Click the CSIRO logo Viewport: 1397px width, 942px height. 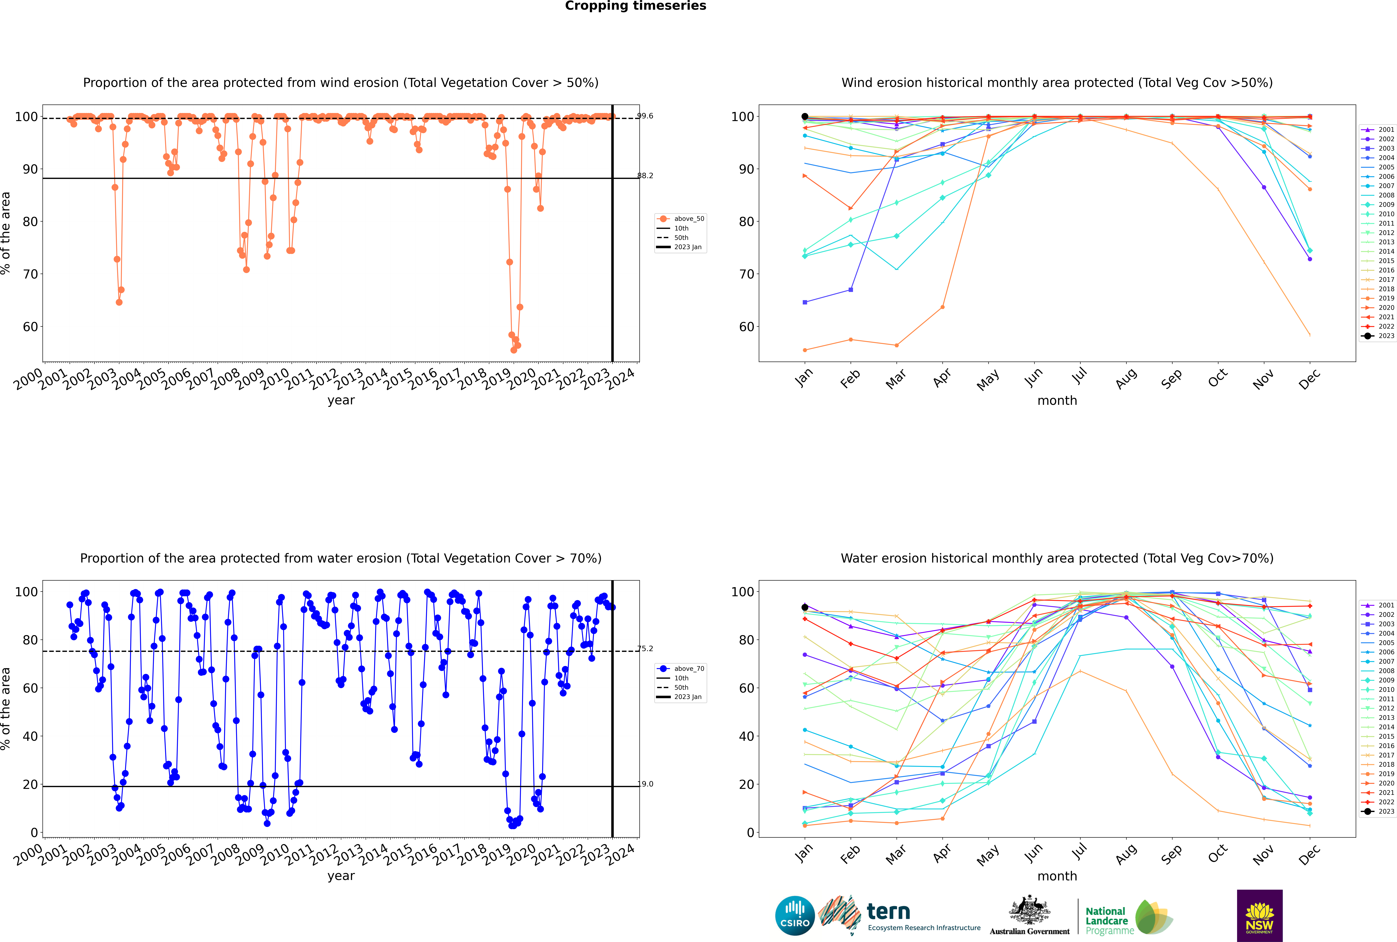pyautogui.click(x=795, y=916)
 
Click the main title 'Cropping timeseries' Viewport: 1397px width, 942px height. pyautogui.click(x=635, y=6)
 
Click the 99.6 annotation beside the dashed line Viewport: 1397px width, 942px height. pyautogui.click(x=645, y=116)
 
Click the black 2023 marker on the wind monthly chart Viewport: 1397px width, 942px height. pyautogui.click(x=805, y=117)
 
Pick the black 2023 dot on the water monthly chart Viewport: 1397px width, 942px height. pyautogui.click(x=805, y=607)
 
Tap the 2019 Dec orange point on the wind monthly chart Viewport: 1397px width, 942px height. pyautogui.click(x=1310, y=189)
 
